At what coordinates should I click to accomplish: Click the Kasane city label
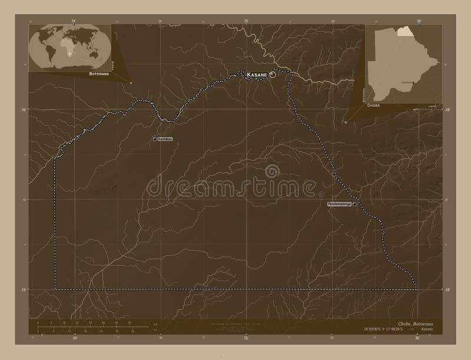tap(257, 75)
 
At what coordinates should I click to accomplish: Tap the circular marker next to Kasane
tap(273, 75)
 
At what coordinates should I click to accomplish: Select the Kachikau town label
tap(165, 139)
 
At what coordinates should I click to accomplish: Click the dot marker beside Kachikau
tap(154, 139)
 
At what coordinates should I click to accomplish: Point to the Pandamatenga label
tap(339, 204)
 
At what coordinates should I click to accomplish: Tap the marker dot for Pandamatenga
tap(354, 204)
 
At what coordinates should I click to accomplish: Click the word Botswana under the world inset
tap(99, 75)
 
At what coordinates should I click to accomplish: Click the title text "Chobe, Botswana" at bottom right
tap(415, 325)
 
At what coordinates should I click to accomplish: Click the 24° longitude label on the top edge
tap(74, 21)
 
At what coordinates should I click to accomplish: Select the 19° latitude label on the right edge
tap(447, 290)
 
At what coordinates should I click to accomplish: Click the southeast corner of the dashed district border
tap(416, 289)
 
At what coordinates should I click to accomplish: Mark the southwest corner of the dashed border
tap(55, 289)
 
